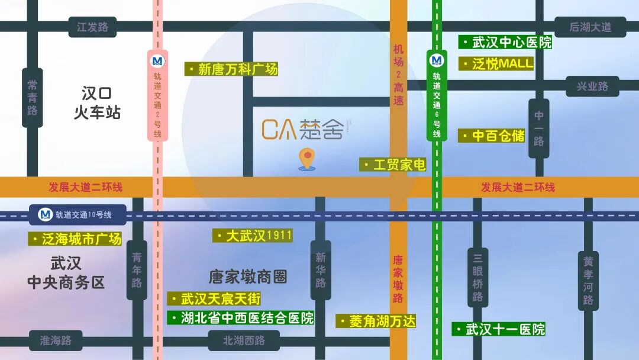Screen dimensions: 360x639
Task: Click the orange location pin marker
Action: coord(306,159)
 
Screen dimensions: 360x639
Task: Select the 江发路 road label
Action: coord(93,27)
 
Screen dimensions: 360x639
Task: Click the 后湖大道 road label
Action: coord(589,27)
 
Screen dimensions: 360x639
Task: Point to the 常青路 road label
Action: coord(33,98)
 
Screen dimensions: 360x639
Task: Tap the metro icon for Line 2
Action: coord(157,61)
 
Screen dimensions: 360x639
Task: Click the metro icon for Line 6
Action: coord(437,60)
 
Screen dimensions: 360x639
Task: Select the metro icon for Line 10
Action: coord(46,214)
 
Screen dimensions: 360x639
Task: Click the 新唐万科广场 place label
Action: coord(231,69)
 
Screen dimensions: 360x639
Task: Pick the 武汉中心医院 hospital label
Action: coord(506,43)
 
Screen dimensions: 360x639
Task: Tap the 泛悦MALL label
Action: coord(496,64)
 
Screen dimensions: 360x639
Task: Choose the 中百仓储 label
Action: coord(492,136)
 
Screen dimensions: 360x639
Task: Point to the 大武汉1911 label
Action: coord(253,236)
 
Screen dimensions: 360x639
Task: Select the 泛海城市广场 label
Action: coord(75,239)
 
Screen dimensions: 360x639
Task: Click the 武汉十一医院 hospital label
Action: coord(499,329)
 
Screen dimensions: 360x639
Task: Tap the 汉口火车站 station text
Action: coord(97,102)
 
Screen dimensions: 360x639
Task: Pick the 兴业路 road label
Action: coord(592,86)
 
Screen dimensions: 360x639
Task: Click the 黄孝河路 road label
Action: coord(588,280)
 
